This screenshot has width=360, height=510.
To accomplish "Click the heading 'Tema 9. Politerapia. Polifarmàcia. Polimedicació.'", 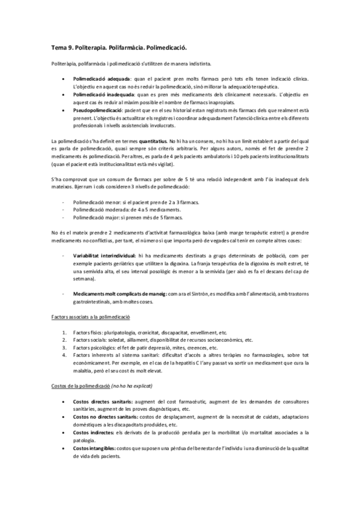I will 120,46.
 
